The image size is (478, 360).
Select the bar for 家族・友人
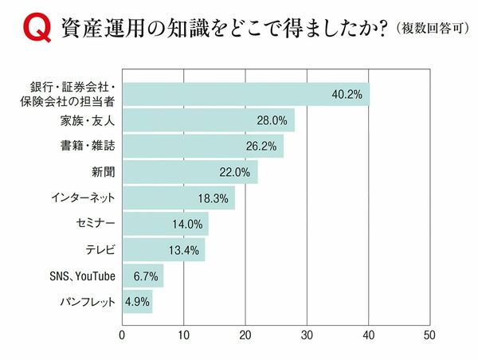(208, 120)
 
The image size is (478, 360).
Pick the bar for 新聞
(190, 172)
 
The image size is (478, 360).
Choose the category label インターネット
(88, 198)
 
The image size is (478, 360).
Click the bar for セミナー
(165, 224)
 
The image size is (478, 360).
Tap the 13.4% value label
(186, 250)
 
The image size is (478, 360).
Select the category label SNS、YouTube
(81, 276)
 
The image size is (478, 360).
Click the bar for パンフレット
(137, 302)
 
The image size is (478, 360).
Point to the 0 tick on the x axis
(122, 335)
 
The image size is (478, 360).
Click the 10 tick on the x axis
(183, 335)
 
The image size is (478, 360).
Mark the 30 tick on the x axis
(307, 335)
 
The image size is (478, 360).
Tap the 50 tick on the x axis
(430, 335)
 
